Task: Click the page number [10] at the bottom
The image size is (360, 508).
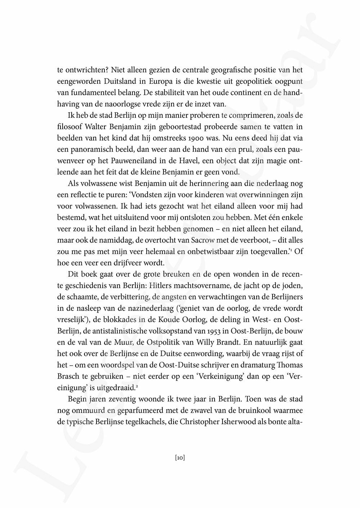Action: [180, 458]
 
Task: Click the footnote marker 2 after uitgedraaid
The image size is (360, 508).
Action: [138, 386]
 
